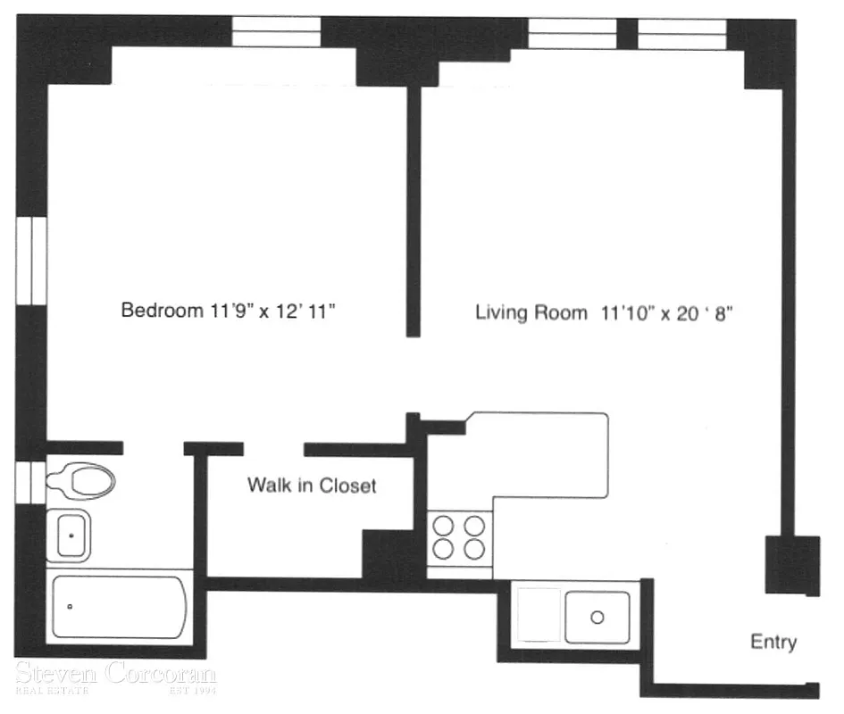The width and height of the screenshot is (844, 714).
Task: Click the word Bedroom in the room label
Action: [157, 311]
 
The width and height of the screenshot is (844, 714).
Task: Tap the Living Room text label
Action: [531, 313]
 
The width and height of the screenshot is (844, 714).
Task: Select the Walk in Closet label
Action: [312, 486]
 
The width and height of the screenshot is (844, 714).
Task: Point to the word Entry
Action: [773, 643]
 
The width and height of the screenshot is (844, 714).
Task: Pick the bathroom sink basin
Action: [70, 535]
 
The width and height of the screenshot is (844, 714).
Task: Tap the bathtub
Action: [120, 608]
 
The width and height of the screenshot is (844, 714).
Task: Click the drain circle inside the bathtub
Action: [71, 607]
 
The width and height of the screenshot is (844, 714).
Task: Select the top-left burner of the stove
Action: [443, 526]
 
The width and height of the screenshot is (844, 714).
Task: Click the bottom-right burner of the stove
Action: [474, 547]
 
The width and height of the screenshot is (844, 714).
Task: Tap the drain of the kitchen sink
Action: [597, 617]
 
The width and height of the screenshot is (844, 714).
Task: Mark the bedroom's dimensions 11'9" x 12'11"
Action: [276, 311]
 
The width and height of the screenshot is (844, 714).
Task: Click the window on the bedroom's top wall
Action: [276, 32]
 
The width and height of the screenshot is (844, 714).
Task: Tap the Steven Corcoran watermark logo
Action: [115, 677]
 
